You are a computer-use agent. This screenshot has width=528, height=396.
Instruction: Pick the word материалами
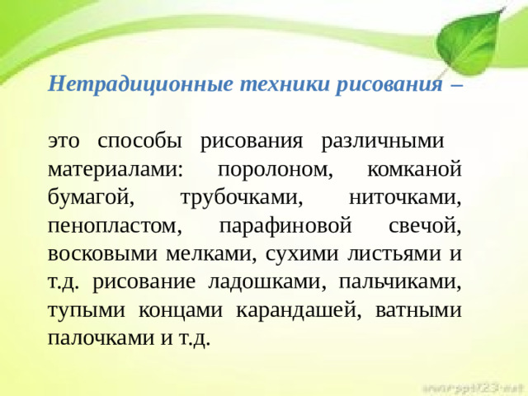pyautogui.click(x=115, y=170)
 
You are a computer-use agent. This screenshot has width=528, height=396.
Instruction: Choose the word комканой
pyautogui.click(x=412, y=170)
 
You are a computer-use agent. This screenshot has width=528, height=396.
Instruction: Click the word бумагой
pyautogui.click(x=91, y=198)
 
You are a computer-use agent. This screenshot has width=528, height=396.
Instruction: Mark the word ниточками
pyautogui.click(x=405, y=198)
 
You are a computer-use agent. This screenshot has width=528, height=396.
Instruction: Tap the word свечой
pyautogui.click(x=423, y=226)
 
